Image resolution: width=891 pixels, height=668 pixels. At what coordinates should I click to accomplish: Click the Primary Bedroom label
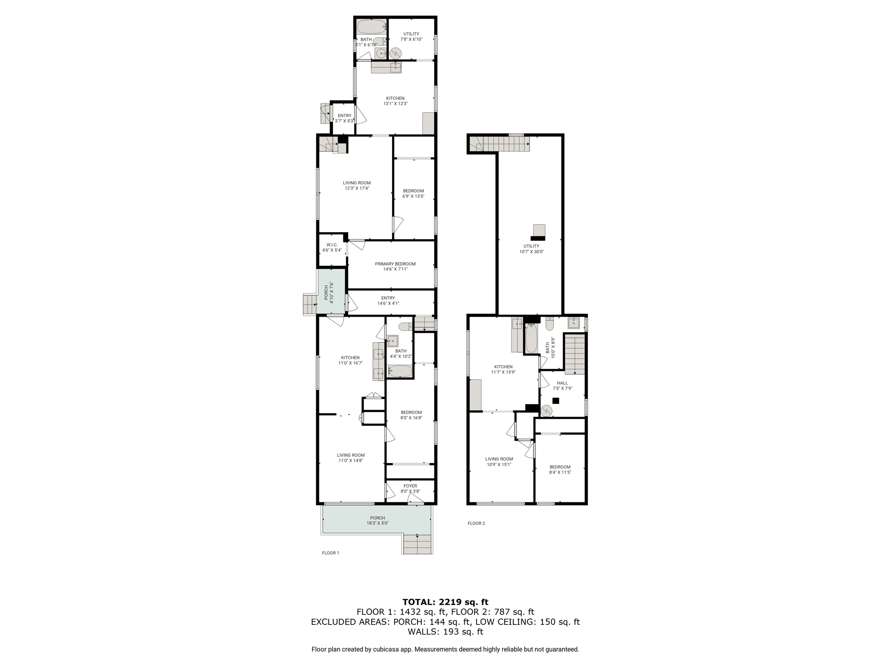coord(395,267)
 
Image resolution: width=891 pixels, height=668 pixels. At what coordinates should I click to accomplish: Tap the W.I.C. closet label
coord(332,247)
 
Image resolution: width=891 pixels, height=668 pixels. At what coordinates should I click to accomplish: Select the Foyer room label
coord(410,489)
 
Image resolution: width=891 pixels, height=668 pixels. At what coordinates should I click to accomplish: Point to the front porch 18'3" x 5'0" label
coord(377,521)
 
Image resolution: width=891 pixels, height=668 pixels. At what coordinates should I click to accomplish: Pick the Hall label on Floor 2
coord(563,386)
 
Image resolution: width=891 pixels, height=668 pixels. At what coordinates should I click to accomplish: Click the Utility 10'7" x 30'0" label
coord(531,249)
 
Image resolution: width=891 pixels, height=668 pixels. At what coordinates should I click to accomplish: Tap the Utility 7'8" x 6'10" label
coord(411,37)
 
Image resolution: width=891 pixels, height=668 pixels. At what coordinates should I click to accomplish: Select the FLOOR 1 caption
coord(330,553)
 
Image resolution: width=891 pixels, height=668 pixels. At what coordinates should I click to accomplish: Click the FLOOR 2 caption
coord(476,523)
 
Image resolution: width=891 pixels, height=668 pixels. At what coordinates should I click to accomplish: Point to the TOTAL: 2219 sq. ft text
coord(445,602)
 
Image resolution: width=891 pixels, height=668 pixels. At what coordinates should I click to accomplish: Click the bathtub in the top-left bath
coord(372,27)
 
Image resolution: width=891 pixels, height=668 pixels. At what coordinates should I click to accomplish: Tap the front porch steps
coord(418,544)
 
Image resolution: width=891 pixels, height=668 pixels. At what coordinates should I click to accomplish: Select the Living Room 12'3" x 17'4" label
coord(357,186)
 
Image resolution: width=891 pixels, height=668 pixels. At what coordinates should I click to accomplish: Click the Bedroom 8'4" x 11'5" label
coord(560,470)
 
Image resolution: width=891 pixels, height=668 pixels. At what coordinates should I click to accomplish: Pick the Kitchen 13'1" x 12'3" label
coord(395,101)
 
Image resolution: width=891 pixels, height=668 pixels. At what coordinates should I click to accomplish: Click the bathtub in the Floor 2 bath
coord(531,339)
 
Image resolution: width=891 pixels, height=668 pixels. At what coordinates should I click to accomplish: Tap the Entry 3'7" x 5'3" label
coord(344,118)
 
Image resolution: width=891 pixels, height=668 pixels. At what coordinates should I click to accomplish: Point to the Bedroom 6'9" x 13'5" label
coord(413,194)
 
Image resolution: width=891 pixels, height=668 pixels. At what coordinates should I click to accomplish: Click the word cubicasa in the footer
coord(385,649)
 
